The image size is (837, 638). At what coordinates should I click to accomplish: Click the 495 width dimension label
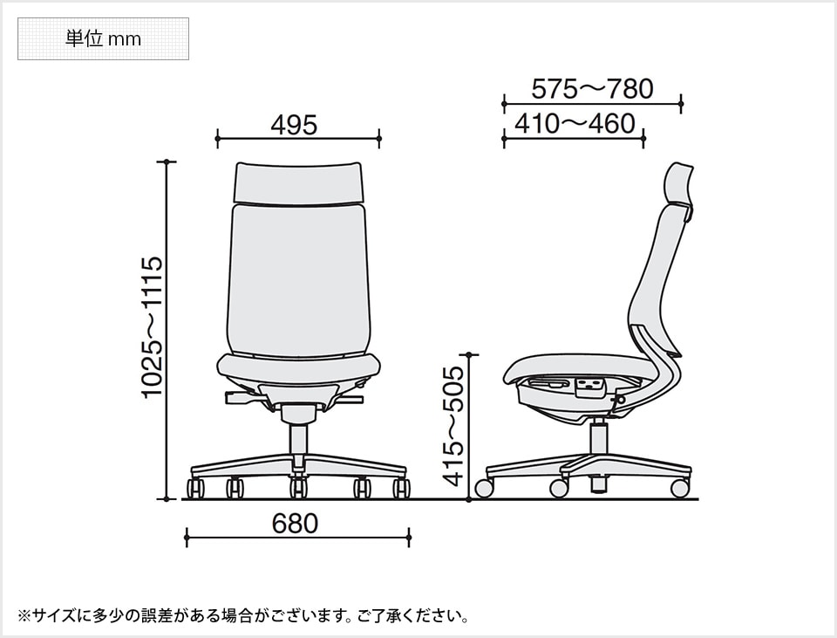[x=294, y=125]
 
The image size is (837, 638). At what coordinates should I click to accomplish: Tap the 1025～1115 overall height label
[x=153, y=326]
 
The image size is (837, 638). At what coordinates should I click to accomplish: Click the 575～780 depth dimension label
[x=592, y=89]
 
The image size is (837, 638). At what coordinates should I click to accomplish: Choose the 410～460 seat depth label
[x=575, y=124]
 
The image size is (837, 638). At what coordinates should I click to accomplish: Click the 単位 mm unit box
[x=103, y=39]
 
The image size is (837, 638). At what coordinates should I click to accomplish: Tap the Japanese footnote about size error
[x=243, y=616]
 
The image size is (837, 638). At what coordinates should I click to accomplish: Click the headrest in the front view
[x=298, y=182]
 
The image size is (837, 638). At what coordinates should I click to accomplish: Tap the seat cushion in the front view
[x=298, y=370]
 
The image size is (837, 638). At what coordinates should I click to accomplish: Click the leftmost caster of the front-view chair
[x=194, y=489]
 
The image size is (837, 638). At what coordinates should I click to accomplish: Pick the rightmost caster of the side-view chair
[x=680, y=487]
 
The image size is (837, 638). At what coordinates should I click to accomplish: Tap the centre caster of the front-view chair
[x=298, y=488]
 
